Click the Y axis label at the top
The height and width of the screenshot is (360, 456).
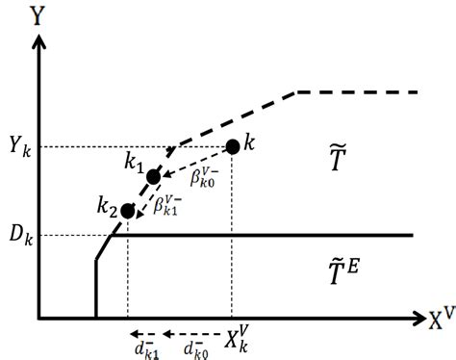coord(38,17)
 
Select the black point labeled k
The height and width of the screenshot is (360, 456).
coord(232,147)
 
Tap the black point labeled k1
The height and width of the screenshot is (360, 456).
coord(153,177)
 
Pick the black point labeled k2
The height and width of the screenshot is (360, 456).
coord(128,210)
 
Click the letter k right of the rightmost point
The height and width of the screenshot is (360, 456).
coord(249,143)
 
